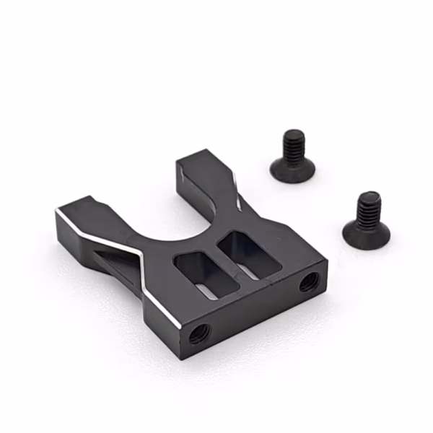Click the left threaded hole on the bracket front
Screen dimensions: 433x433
[x=198, y=333]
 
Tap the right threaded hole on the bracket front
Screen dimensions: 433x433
[x=308, y=281]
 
